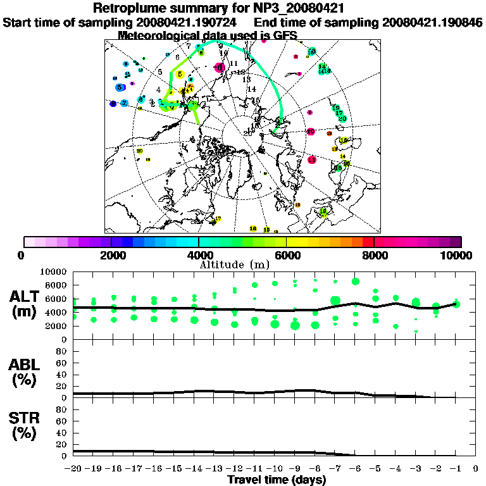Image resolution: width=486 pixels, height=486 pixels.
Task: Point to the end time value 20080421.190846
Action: click(432, 22)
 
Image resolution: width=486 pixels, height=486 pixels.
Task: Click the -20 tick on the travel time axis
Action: click(73, 469)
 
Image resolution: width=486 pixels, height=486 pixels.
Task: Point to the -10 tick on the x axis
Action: click(275, 469)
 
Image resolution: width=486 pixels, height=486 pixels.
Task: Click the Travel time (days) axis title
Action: click(277, 480)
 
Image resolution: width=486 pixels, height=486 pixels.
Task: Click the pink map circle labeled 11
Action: click(311, 160)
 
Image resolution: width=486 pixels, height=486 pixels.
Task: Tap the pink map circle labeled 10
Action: click(311, 132)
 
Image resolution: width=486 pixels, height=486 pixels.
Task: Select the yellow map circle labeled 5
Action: click(180, 74)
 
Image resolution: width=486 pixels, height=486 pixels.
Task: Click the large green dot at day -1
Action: click(456, 304)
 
